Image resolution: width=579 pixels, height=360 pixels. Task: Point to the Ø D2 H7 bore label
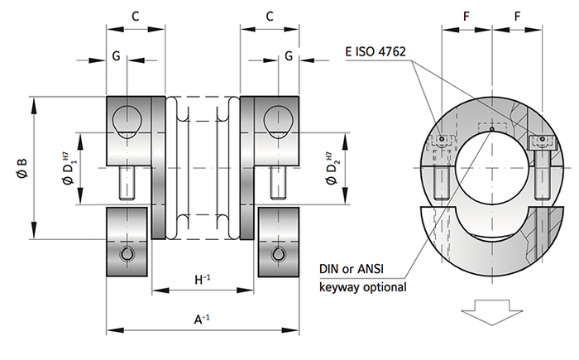coord(331,170)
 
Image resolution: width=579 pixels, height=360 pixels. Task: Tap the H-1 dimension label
coord(202,280)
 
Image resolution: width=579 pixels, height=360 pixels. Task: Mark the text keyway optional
coord(364,288)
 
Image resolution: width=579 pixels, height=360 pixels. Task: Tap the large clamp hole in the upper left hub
coord(127,119)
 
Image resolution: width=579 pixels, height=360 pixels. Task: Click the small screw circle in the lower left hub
coord(127,254)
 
